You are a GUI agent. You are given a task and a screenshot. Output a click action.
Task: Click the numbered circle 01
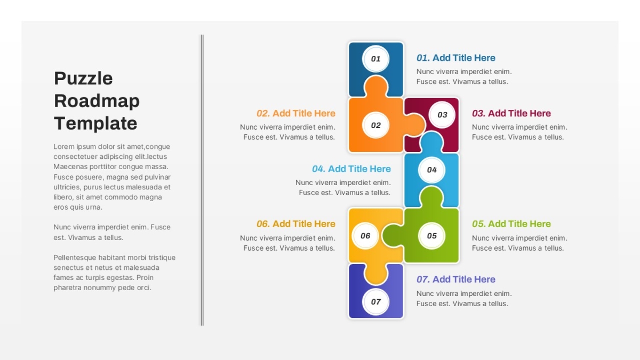click(375, 59)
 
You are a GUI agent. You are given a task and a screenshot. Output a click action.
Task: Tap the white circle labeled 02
click(375, 125)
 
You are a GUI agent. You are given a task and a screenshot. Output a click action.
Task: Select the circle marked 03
click(442, 115)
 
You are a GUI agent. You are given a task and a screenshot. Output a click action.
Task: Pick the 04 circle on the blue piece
click(431, 170)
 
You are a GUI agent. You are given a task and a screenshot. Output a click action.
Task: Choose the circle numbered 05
click(431, 236)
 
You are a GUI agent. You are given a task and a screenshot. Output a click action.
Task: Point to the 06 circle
click(365, 236)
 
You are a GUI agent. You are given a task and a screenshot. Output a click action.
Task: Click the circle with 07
click(375, 302)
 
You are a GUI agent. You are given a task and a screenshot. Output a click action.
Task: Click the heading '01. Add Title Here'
click(455, 58)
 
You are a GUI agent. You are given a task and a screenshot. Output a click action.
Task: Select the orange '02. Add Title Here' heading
click(295, 114)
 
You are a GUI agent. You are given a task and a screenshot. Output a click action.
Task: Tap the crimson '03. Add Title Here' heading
click(511, 114)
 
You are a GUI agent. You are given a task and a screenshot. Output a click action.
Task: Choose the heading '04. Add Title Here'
click(351, 169)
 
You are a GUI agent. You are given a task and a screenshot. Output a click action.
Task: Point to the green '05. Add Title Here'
click(511, 224)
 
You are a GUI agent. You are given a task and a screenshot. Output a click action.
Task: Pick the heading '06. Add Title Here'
click(295, 224)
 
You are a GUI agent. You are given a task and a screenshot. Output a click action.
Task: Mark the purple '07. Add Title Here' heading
click(455, 279)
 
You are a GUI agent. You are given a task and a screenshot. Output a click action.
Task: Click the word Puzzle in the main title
click(83, 79)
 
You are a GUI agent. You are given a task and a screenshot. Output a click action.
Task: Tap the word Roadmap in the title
click(97, 101)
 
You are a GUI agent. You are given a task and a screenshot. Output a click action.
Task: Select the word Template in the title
click(95, 124)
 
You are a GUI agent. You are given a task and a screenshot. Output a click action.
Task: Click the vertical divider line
click(202, 180)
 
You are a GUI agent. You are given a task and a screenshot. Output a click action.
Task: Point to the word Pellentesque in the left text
click(75, 258)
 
